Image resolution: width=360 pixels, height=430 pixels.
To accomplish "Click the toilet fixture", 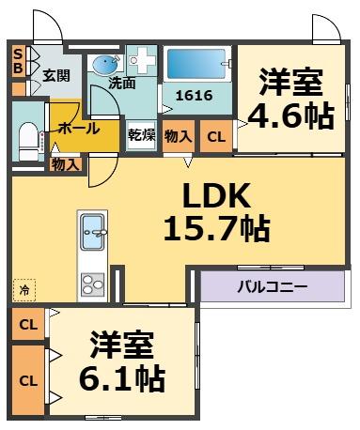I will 25,138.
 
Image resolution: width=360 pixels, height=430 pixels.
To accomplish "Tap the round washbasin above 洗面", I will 102,65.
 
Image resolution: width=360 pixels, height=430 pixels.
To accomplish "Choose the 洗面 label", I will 121,84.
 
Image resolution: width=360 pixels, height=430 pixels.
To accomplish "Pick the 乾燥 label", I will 141,135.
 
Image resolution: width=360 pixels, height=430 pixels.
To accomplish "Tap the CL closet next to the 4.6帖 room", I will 215,136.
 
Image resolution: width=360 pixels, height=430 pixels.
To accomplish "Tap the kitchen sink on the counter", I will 93,231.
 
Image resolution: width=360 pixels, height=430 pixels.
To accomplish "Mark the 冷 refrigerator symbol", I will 22,290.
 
